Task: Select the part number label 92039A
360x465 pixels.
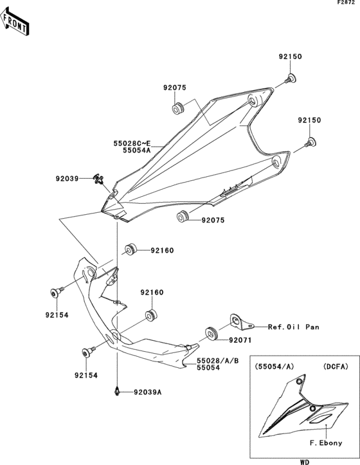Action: pos(148,392)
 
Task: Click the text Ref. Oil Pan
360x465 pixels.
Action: pos(293,326)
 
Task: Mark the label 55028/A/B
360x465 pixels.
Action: pos(218,361)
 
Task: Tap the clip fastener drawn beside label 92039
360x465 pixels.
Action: pos(98,179)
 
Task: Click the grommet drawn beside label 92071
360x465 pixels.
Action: pos(210,333)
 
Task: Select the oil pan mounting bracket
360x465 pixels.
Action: pos(240,320)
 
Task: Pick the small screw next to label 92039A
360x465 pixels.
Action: pos(117,390)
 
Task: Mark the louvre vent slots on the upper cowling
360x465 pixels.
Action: pos(232,188)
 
